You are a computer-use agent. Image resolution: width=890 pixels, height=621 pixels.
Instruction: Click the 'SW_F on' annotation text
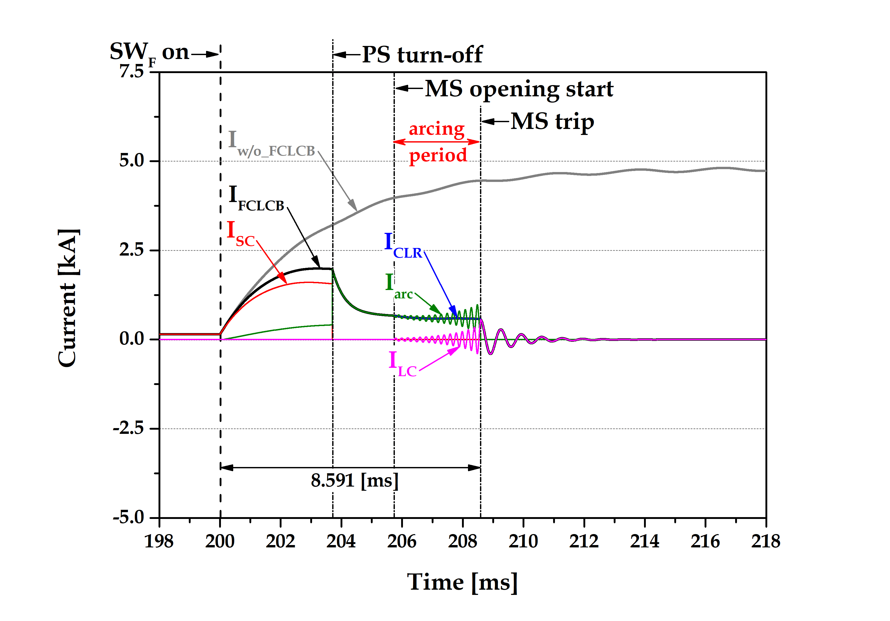(x=149, y=52)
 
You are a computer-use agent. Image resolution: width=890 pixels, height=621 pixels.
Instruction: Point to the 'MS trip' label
(x=552, y=122)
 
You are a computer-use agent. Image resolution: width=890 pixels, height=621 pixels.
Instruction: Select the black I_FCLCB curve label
(x=256, y=199)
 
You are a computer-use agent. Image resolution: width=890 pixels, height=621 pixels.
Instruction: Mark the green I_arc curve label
(x=399, y=287)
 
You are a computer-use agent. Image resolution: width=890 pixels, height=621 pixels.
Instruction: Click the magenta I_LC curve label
(x=402, y=365)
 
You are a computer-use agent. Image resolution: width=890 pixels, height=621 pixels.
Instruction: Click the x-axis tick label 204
(x=341, y=541)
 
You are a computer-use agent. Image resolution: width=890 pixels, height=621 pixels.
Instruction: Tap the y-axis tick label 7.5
(x=132, y=71)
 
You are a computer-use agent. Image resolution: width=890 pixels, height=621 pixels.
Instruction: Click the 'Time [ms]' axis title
(x=462, y=582)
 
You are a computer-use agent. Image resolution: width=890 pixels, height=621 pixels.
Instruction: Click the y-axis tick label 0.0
(x=132, y=339)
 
